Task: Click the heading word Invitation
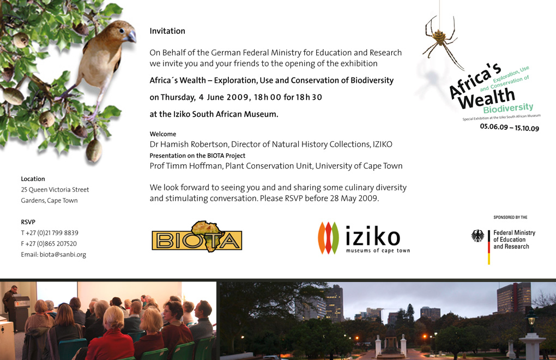[x=167, y=31]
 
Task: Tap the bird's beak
[x=131, y=37]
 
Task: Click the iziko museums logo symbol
[x=328, y=238]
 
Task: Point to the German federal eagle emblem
[x=478, y=236]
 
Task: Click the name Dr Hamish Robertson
[x=189, y=145]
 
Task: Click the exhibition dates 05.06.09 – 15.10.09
[x=510, y=127]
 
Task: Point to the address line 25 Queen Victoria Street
[x=55, y=190]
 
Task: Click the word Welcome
[x=163, y=134]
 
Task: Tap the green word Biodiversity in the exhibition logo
[x=508, y=108]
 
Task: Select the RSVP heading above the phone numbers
[x=28, y=222]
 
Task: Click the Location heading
[x=33, y=179]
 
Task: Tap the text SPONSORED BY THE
[x=510, y=217]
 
